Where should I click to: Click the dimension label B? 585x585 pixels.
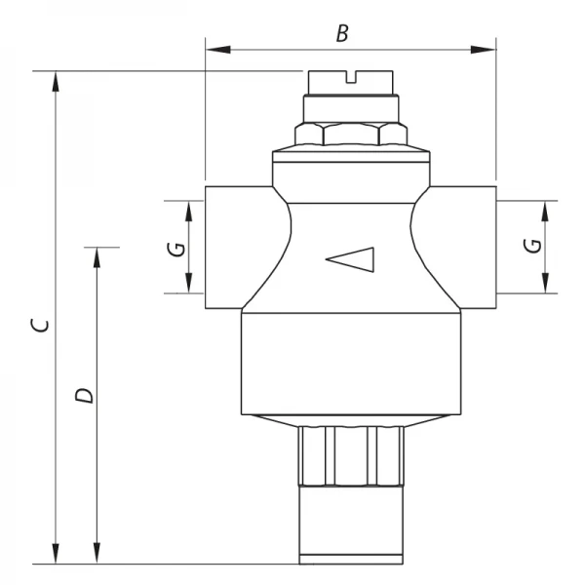(342, 34)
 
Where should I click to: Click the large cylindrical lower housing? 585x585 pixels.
(349, 361)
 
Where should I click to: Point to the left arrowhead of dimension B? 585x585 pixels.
(214, 48)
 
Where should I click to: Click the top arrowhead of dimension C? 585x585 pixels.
(56, 80)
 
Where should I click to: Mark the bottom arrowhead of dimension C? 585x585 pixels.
(56, 555)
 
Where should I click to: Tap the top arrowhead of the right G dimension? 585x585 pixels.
(543, 210)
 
